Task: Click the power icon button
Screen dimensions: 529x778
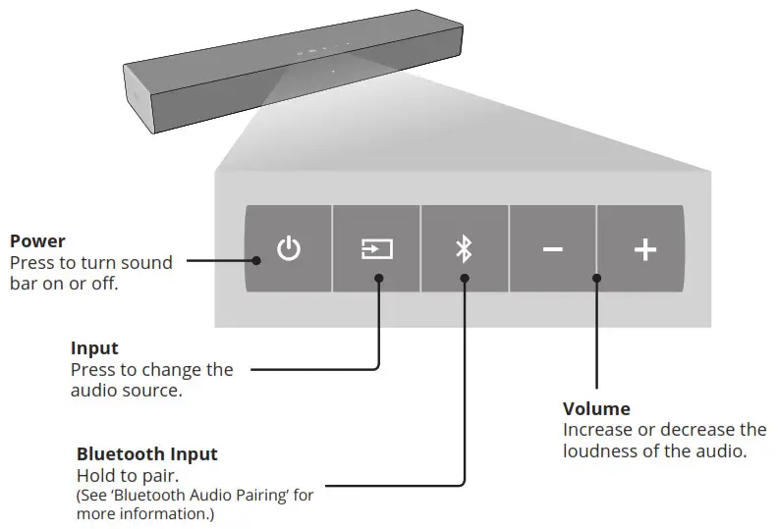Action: click(x=288, y=249)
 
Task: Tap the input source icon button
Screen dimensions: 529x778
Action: click(x=376, y=249)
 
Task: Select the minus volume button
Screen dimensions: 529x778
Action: click(x=553, y=249)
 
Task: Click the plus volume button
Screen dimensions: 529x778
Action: click(x=643, y=249)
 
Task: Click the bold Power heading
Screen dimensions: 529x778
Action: click(x=37, y=241)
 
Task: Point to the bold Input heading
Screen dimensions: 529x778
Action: click(x=94, y=348)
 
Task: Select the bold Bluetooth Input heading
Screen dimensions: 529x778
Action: click(x=147, y=454)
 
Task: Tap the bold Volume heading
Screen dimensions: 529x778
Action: click(x=596, y=408)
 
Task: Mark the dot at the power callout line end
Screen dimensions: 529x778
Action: click(x=255, y=261)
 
